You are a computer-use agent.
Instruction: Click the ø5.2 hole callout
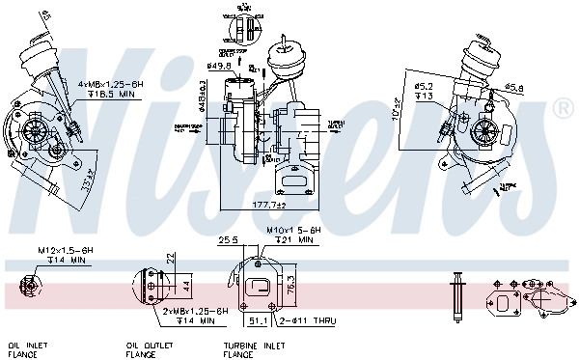425,86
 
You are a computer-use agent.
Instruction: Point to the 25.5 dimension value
229,239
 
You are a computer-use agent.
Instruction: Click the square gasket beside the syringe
504,301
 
